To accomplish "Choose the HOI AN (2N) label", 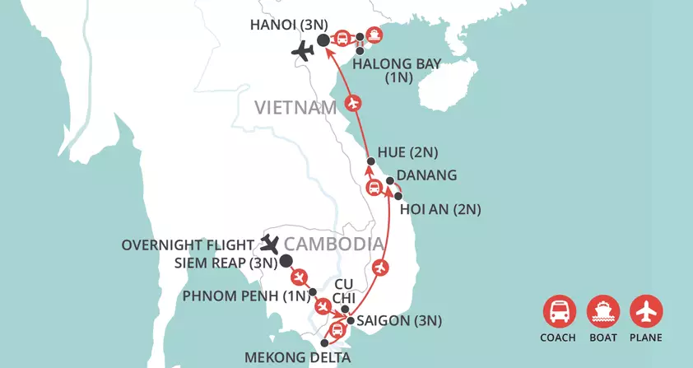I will point(440,210).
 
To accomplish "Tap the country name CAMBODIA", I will point(334,245).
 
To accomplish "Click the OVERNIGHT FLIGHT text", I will point(188,245).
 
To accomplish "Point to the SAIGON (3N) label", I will point(398,321).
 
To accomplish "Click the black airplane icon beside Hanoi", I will point(304,52).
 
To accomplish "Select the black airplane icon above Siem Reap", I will point(270,243).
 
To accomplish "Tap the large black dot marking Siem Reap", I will point(286,262).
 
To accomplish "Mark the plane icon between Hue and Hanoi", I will point(353,104).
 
